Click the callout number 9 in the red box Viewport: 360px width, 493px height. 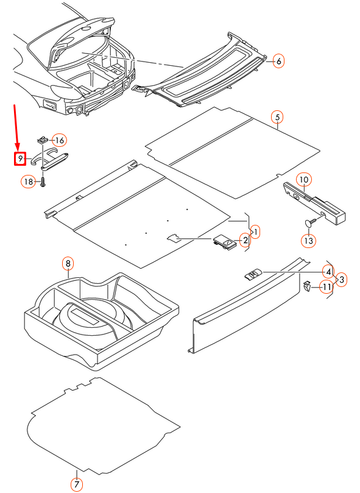coord(20,158)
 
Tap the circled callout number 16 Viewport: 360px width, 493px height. coord(60,140)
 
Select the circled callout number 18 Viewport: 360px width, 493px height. coord(28,182)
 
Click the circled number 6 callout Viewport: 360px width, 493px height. coord(278,61)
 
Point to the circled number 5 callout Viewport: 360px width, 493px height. coord(277,117)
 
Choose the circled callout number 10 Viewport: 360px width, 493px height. coord(304,180)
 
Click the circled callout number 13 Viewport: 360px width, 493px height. coord(308,241)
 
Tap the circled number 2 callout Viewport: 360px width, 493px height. coord(245,241)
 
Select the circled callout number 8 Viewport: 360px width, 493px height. coord(68,263)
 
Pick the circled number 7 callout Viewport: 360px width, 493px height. coord(76,484)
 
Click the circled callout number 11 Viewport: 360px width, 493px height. coord(326,287)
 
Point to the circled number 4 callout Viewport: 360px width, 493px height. coord(328,272)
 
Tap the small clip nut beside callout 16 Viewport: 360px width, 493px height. coord(42,139)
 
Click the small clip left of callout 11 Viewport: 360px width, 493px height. coord(306,286)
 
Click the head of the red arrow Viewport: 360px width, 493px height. coord(18,146)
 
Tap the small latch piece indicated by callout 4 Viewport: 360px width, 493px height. coord(253,274)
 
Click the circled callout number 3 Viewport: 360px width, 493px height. coord(342,280)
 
